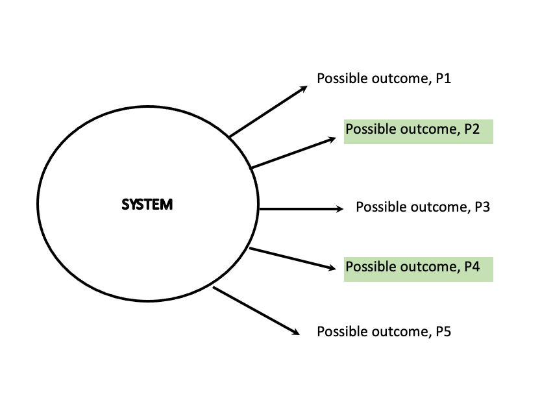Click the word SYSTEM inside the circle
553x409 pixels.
147,205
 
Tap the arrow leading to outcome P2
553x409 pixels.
293,153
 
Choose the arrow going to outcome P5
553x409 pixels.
256,310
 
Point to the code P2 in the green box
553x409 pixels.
472,129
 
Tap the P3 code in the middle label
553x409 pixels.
482,208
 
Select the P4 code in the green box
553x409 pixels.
472,267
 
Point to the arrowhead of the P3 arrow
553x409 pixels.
338,208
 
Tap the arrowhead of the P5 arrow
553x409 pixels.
295,332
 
